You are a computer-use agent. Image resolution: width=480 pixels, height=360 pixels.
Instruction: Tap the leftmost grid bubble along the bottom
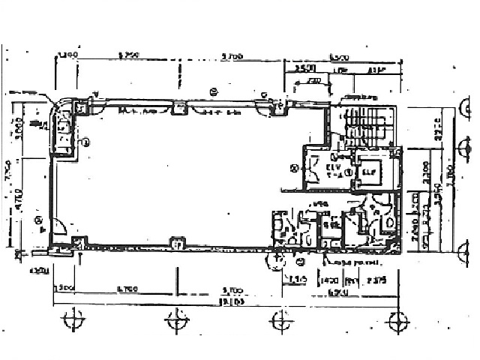72,321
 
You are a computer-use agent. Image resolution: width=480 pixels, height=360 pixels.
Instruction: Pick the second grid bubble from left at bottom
178,321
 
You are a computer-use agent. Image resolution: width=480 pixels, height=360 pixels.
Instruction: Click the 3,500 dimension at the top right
304,68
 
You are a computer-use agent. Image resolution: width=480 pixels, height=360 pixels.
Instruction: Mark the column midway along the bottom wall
177,244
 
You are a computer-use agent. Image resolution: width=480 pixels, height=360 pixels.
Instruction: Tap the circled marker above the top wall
213,92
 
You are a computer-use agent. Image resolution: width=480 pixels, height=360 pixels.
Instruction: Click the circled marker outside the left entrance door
37,219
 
